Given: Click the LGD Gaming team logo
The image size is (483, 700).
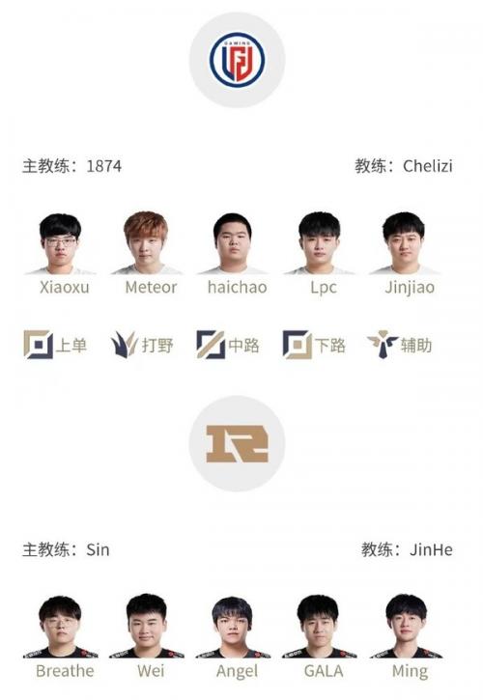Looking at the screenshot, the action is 237,59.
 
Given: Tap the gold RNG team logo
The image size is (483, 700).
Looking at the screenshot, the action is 237,444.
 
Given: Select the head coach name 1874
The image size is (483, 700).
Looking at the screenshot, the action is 103,166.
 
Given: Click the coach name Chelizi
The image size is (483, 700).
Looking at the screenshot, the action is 428,166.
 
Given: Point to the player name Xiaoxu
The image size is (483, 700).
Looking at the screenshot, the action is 65,287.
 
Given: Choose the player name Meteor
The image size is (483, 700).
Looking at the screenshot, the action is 151,287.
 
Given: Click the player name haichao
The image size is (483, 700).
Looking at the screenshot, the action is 238,287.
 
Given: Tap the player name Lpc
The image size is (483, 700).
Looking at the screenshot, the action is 324,288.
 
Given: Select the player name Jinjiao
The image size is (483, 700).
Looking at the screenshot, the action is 410,287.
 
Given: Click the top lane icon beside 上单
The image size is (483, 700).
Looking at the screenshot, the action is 38,345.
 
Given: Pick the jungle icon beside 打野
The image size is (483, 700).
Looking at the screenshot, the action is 124,344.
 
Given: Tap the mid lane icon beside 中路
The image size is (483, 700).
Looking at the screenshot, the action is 211,345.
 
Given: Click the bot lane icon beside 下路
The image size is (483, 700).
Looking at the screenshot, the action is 297,345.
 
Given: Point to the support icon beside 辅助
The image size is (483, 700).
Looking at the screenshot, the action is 383,344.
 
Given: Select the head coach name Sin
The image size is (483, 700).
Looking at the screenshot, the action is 98,549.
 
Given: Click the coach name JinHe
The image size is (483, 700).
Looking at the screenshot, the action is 431,549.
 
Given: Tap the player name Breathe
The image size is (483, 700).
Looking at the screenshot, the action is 65,671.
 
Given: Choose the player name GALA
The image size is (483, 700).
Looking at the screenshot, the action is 324,671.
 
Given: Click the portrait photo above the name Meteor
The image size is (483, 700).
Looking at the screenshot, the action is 147,242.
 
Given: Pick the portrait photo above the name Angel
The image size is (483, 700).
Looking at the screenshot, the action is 233,627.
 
